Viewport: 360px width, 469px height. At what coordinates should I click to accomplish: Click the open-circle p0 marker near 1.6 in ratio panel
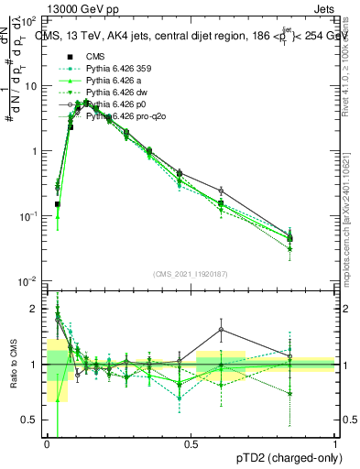(220, 330)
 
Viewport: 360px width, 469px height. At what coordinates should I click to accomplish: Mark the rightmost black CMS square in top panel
(290, 238)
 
